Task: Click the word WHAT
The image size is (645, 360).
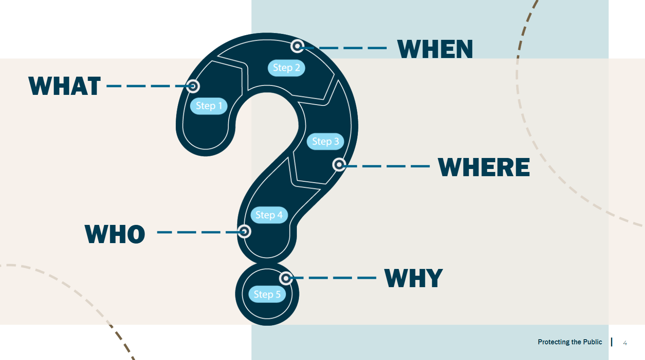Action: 64,86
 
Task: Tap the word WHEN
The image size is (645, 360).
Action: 435,49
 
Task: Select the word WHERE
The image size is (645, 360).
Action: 484,167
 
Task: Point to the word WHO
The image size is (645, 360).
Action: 115,234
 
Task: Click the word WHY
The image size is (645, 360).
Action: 413,278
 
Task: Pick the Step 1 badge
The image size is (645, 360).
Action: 209,106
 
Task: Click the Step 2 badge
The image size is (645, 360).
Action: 286,68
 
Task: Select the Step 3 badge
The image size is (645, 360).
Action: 325,141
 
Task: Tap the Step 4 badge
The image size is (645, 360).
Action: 269,215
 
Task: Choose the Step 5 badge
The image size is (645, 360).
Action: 267,294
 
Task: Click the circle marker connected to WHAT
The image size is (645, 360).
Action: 193,86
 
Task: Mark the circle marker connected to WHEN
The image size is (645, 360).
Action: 298,46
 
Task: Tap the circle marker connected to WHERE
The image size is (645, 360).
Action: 339,164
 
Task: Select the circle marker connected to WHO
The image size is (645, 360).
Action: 244,231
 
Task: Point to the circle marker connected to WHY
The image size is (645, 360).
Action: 286,278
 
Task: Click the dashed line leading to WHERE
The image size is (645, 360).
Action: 388,166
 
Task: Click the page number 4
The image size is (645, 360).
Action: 625,343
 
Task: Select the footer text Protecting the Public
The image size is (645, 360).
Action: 570,342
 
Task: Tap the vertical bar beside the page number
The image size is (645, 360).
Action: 612,342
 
